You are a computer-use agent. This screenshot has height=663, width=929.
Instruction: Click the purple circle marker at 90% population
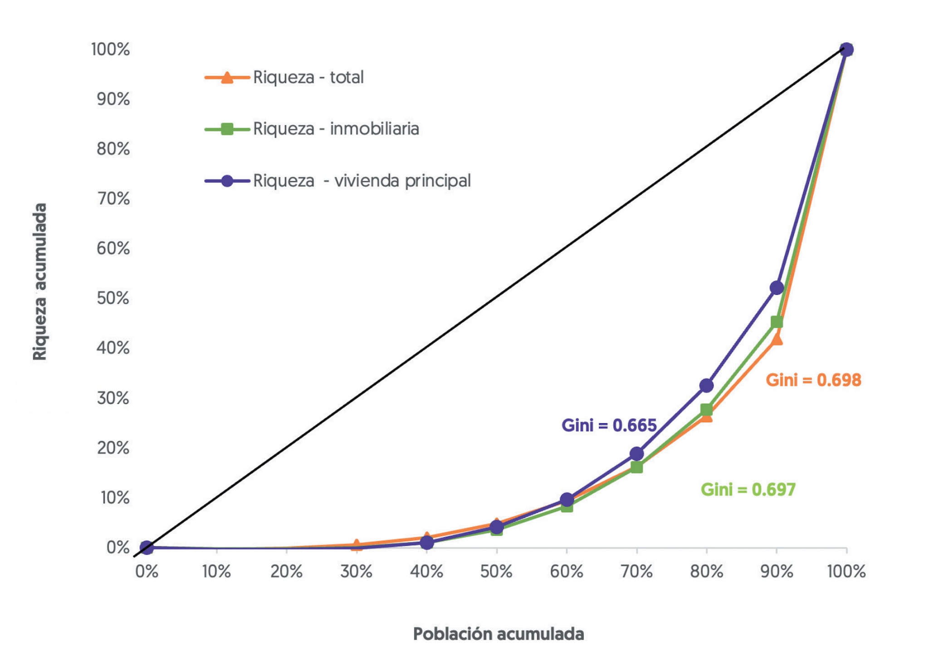pos(777,287)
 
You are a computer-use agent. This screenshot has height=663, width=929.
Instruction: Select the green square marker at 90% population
pos(777,322)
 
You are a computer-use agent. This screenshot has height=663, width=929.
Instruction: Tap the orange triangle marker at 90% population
pos(777,339)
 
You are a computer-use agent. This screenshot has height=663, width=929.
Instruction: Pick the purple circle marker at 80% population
pos(706,386)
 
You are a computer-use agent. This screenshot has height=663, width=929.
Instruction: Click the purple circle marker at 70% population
pos(636,453)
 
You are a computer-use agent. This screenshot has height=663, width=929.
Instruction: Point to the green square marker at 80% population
pos(706,410)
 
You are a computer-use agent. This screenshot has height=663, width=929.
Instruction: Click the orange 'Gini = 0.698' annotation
pos(813,380)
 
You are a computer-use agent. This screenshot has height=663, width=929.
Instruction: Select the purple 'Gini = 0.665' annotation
pos(609,426)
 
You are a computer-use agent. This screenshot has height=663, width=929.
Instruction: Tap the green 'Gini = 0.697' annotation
pos(748,490)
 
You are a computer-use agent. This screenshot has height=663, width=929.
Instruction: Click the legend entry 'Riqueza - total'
pos(308,78)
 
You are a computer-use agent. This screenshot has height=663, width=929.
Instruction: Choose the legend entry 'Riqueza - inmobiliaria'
pos(336,129)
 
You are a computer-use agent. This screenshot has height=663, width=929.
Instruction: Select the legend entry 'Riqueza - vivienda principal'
pos(362,181)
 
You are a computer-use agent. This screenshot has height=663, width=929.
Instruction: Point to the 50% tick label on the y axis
pos(113,298)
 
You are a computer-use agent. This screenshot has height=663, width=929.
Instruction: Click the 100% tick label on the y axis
pos(111,49)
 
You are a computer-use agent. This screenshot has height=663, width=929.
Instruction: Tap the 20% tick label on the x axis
pos(286,571)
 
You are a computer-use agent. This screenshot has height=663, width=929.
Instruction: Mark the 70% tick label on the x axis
pos(636,571)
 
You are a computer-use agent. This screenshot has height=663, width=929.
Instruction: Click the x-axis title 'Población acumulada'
pos(498,634)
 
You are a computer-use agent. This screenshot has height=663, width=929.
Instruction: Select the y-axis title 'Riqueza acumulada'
pos(40,282)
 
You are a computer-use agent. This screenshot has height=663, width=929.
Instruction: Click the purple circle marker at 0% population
pos(147,547)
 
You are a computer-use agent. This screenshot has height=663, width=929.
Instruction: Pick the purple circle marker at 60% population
pos(567,500)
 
